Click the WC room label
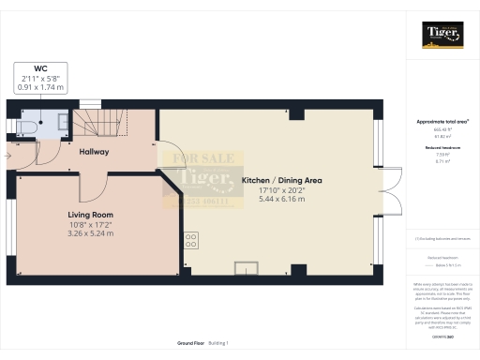click(x=40, y=68)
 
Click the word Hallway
click(x=94, y=151)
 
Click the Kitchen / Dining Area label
click(x=282, y=179)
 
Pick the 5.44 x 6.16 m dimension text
click(x=282, y=199)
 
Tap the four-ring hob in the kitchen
click(x=192, y=241)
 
